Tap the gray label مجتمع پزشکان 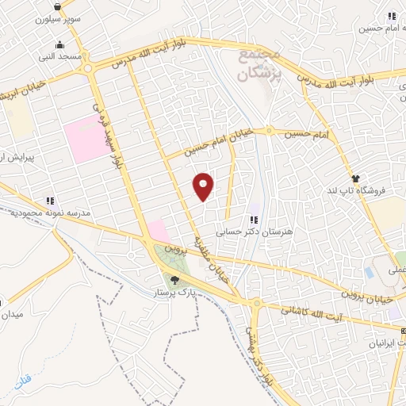pyautogui.click(x=259, y=64)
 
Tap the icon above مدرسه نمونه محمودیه pyautogui.click(x=49, y=201)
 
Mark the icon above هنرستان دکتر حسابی pyautogui.click(x=254, y=220)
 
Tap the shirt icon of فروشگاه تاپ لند pyautogui.click(x=356, y=178)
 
